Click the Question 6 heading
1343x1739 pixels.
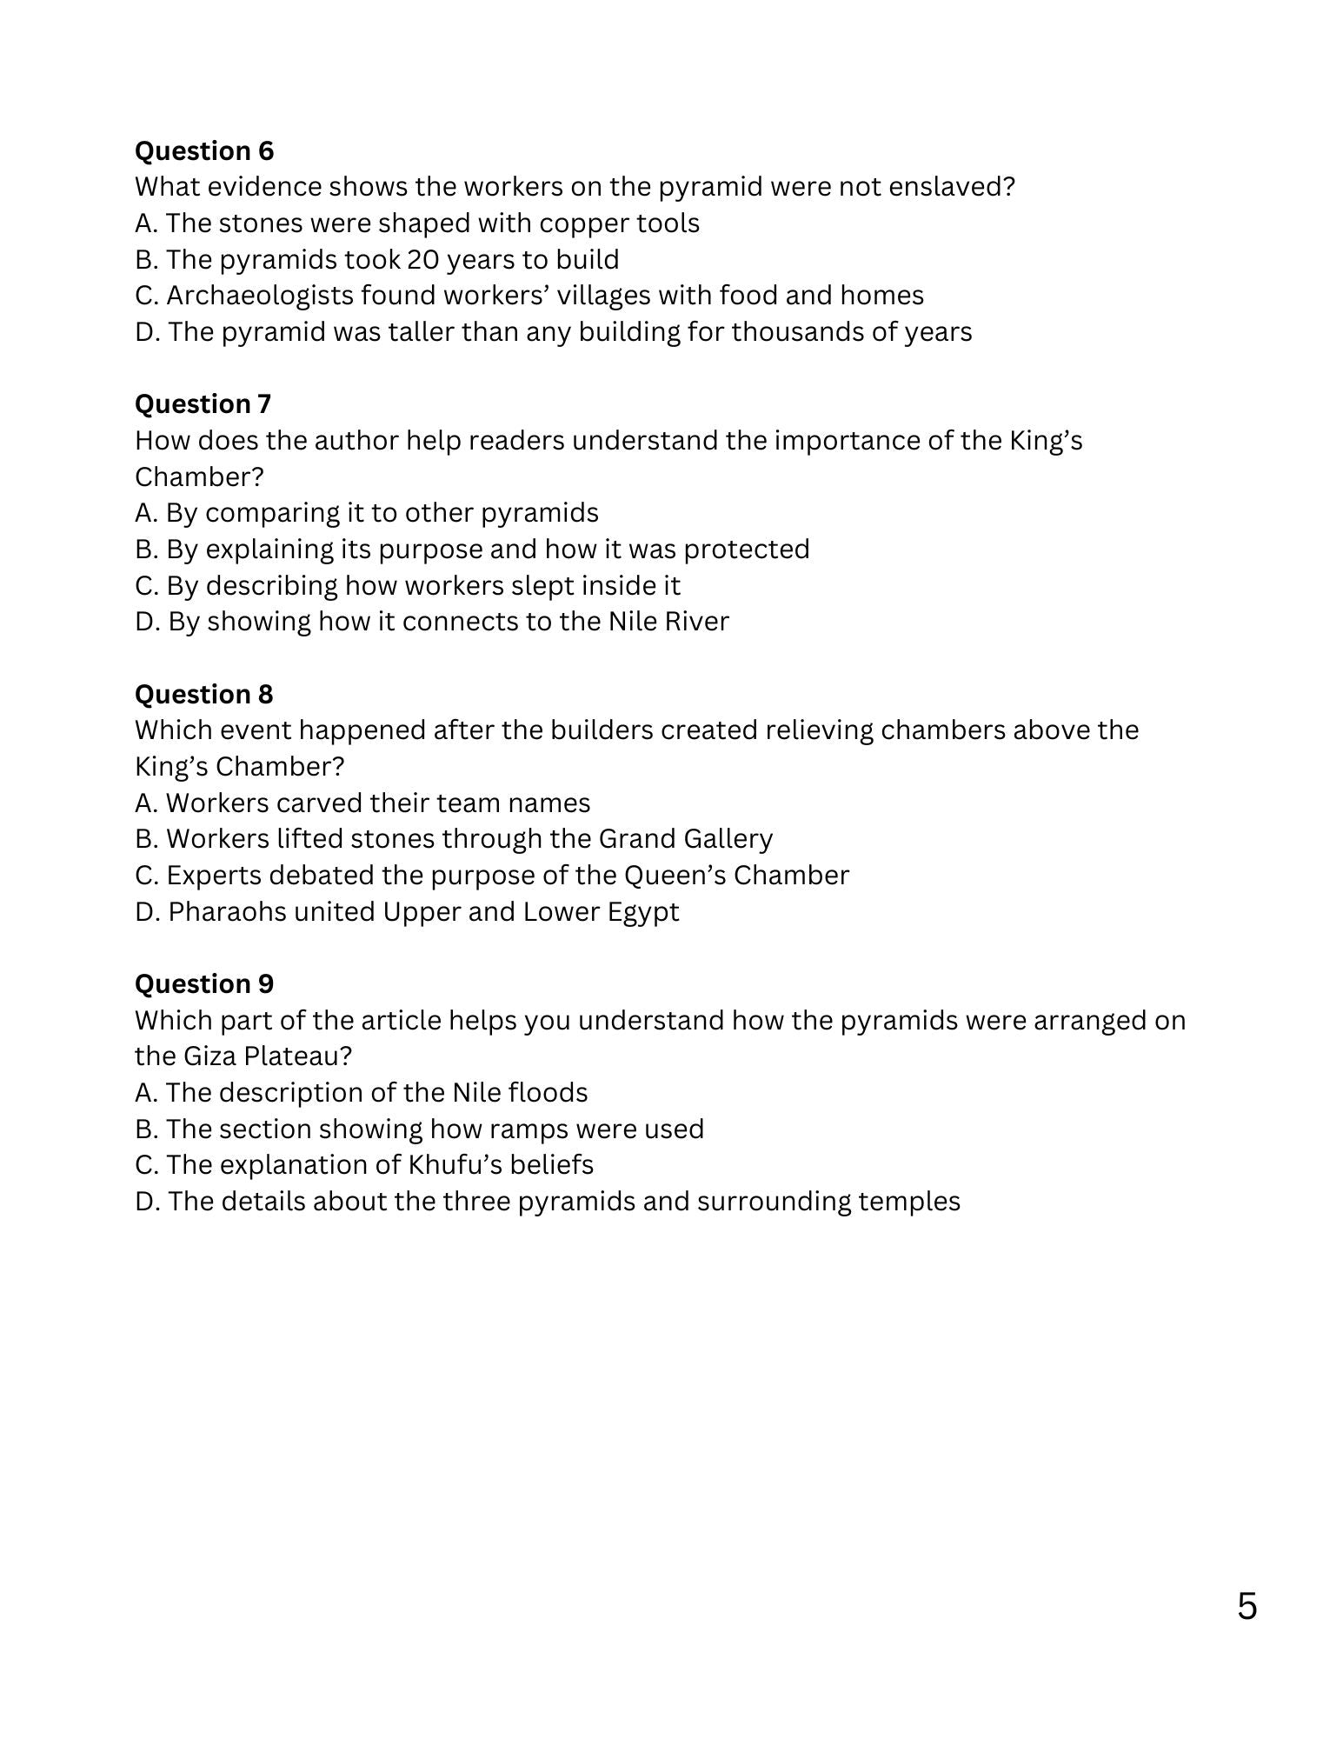[x=204, y=150]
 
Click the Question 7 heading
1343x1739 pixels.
[x=203, y=403]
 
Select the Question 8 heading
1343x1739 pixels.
[x=203, y=694]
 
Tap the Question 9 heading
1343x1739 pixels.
[x=203, y=983]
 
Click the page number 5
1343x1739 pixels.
[x=1247, y=1606]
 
